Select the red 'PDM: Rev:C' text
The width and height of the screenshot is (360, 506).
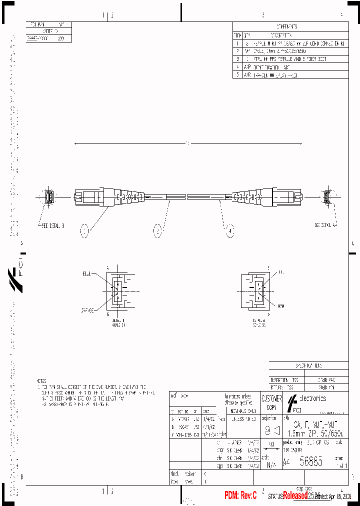coord(240,495)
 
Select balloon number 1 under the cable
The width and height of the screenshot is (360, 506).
coord(86,231)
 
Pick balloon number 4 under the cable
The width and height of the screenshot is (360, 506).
coord(229,231)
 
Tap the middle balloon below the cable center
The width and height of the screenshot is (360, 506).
coord(158,231)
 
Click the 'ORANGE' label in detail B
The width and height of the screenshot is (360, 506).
coord(88,310)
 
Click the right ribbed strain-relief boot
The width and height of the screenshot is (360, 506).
coord(243,197)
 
